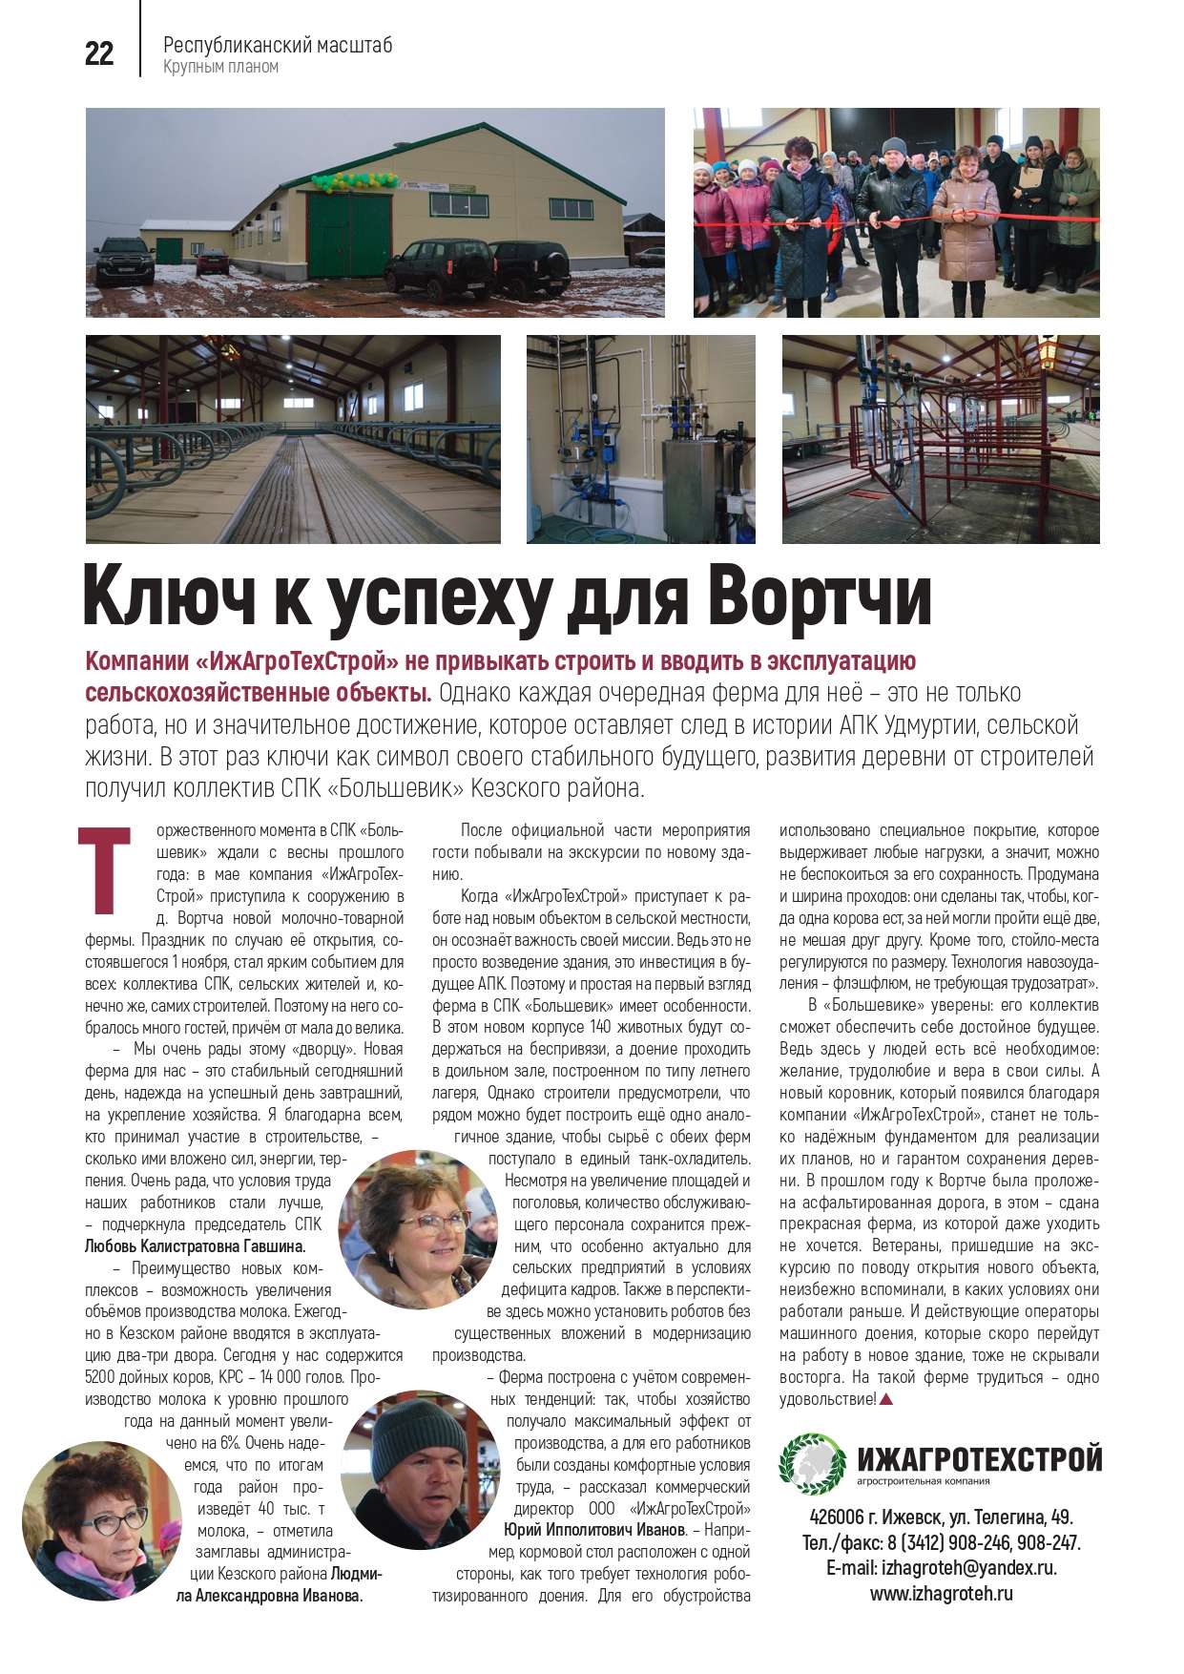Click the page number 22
click(99, 54)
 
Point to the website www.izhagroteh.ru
click(941, 1593)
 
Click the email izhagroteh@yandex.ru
click(941, 1568)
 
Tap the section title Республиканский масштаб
click(278, 45)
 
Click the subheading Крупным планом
click(220, 67)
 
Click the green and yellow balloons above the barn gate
click(353, 178)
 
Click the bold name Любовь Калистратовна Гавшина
click(195, 1246)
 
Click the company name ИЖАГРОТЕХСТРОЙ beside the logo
click(979, 1458)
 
